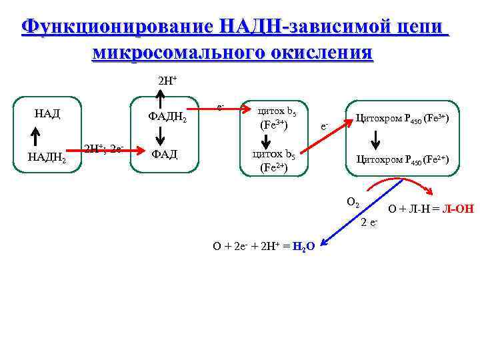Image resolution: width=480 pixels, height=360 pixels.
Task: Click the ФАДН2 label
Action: point(167,117)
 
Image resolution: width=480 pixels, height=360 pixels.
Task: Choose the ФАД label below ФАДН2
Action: point(164,154)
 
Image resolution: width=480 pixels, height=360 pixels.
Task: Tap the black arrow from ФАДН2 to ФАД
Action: point(160,135)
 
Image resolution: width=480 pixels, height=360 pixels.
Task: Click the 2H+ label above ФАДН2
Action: point(167,81)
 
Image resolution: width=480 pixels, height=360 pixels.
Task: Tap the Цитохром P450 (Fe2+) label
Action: point(403,159)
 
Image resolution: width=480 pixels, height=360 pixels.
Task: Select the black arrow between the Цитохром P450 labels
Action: point(375,139)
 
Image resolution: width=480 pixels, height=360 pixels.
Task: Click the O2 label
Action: point(353,202)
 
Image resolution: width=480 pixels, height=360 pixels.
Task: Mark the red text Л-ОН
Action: point(457,209)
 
